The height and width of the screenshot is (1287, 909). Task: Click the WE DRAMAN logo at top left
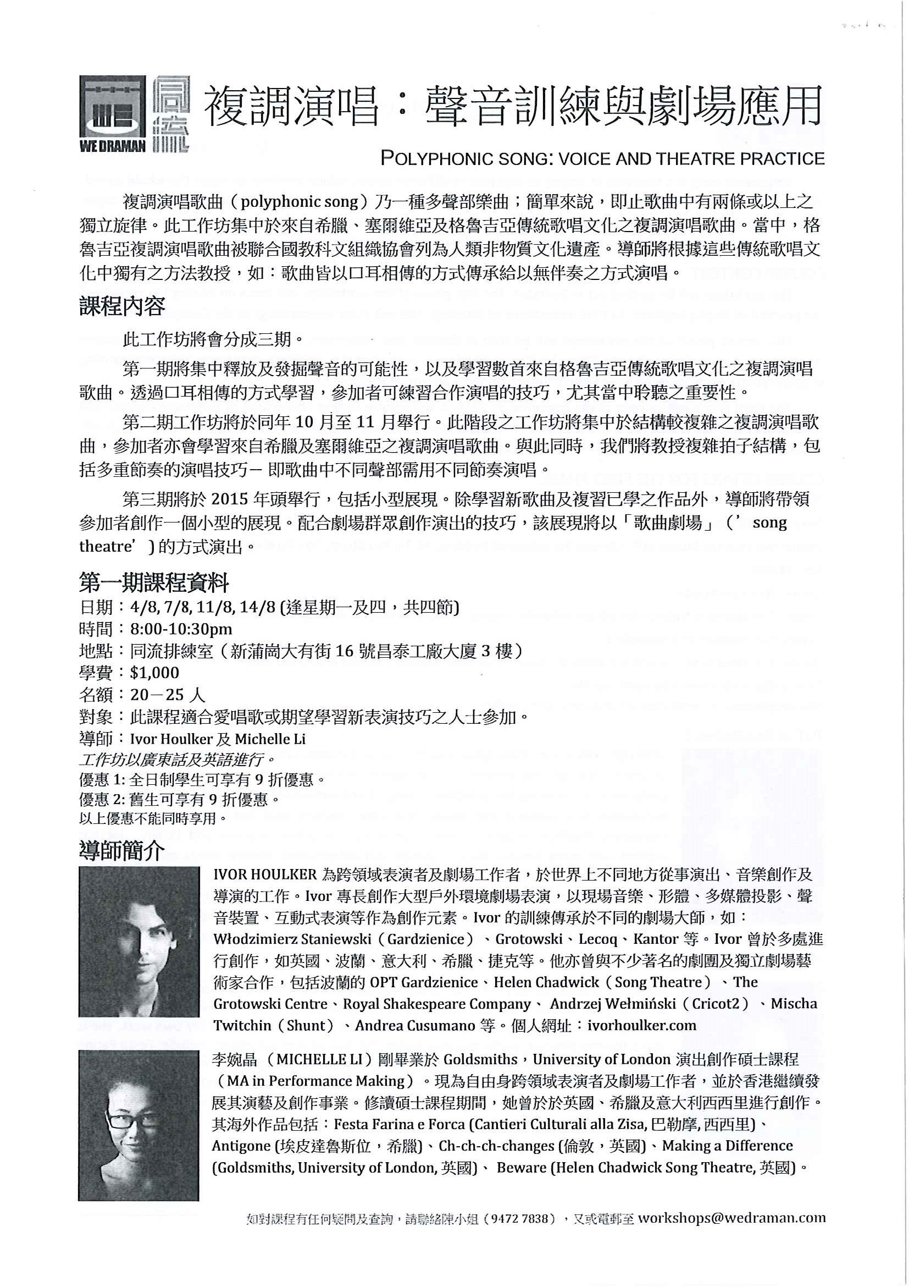tap(134, 114)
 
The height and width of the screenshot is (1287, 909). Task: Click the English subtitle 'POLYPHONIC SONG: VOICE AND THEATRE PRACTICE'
tap(602, 158)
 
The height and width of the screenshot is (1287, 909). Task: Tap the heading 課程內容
tap(122, 306)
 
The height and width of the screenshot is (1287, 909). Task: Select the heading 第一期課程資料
tap(154, 583)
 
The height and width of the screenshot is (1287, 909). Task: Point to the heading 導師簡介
tap(122, 851)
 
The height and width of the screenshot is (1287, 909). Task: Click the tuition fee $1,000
tap(154, 673)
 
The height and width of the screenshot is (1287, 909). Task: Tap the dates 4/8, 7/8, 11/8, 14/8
tap(203, 607)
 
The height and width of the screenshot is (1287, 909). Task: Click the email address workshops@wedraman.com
tap(731, 1218)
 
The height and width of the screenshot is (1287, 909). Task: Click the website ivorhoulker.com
tap(642, 1025)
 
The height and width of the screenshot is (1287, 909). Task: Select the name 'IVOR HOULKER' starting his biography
tap(265, 875)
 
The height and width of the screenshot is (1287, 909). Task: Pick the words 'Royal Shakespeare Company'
tap(437, 1004)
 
